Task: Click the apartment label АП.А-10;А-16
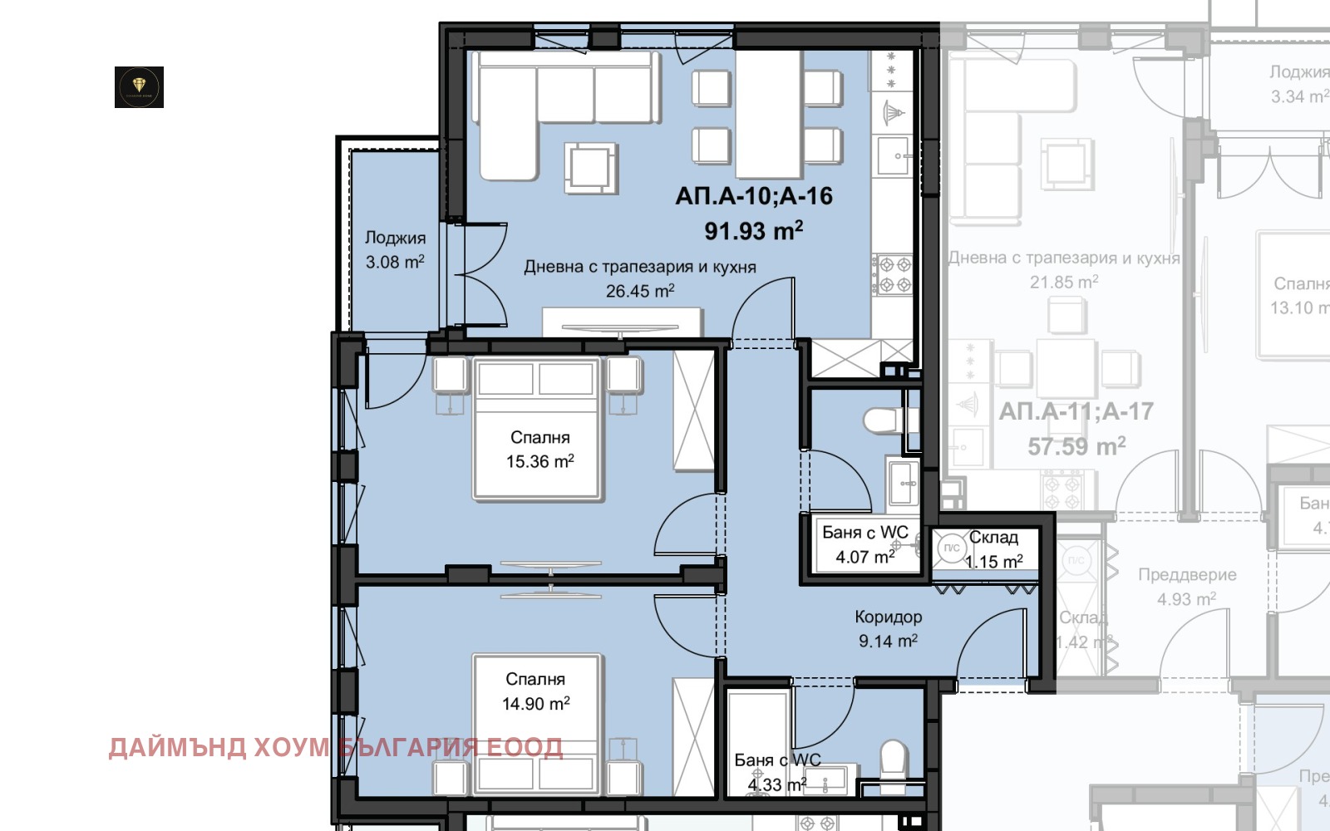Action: pos(753,196)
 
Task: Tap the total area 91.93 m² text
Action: pos(753,230)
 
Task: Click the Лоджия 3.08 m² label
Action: pos(395,250)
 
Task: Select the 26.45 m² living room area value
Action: pos(639,291)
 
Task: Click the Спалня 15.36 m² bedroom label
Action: pos(539,450)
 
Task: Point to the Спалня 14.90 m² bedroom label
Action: pos(535,691)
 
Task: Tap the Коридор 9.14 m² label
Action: pos(888,629)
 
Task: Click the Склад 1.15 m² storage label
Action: pos(993,549)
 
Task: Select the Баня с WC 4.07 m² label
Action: pos(864,544)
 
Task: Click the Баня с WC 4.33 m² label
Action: pos(776,773)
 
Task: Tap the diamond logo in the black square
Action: pos(139,87)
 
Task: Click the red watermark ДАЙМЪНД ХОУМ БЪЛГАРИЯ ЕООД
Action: pos(335,747)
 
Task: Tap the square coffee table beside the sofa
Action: pos(591,166)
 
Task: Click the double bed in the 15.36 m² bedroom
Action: pos(537,429)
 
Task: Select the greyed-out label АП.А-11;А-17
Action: pos(1076,411)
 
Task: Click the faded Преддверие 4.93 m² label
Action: pos(1186,587)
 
